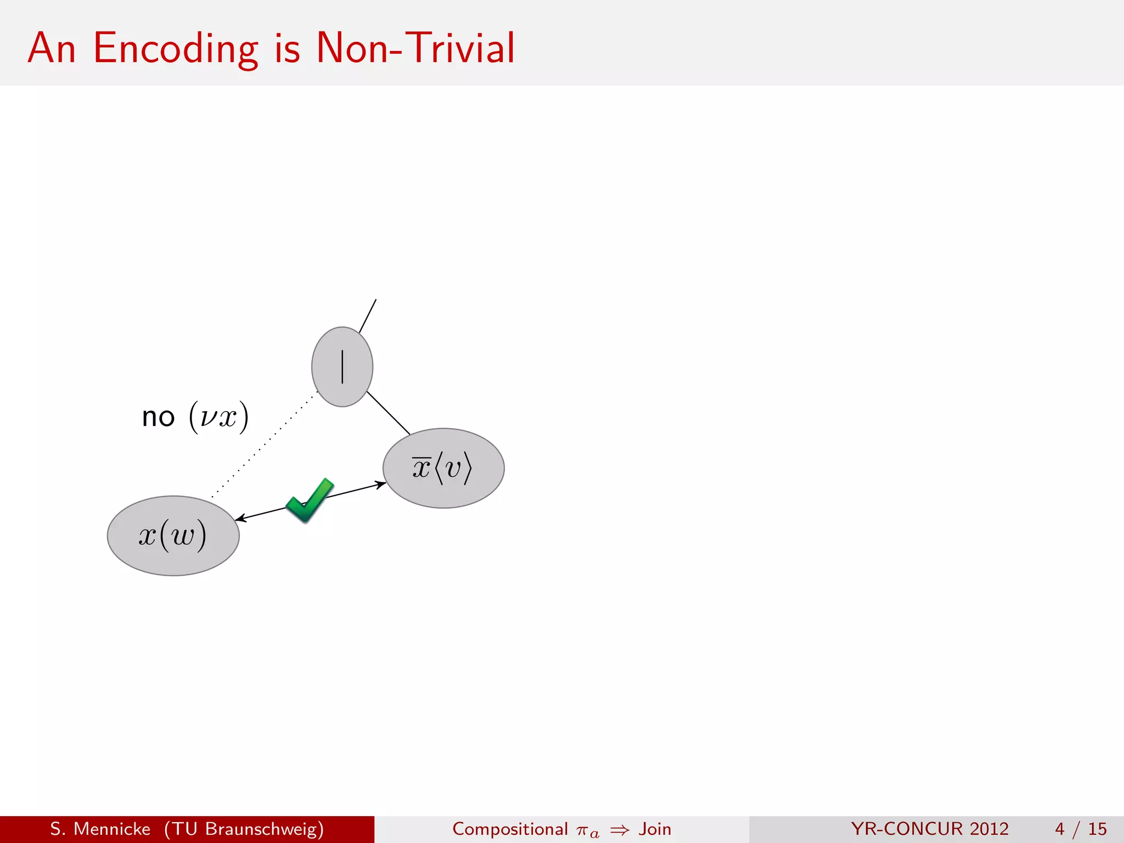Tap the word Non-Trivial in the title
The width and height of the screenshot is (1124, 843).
[415, 48]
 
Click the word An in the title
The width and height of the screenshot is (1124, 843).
[52, 48]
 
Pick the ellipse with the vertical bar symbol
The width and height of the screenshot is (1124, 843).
[342, 367]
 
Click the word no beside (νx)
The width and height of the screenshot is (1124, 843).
[158, 418]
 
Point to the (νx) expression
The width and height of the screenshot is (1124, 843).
[218, 417]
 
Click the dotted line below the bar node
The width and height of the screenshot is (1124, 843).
[263, 445]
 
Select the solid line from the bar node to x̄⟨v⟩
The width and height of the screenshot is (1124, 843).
[389, 413]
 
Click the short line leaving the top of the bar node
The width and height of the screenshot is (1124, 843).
[368, 316]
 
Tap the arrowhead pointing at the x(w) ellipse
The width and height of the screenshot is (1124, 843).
[240, 519]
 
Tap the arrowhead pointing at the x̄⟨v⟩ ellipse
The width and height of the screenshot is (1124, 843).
[380, 484]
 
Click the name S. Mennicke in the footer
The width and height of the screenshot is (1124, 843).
[100, 829]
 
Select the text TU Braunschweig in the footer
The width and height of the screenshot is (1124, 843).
[244, 829]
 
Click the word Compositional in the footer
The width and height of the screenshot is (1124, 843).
[510, 829]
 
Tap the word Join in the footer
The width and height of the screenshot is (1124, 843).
[655, 829]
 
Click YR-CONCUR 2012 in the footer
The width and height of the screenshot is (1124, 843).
[930, 829]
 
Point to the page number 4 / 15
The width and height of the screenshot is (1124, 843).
[1081, 829]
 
